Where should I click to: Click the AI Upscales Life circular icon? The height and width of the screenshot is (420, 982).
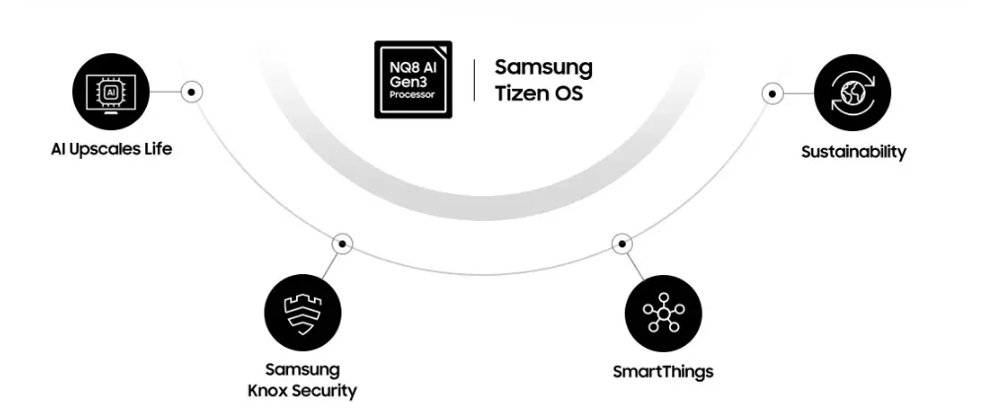112,92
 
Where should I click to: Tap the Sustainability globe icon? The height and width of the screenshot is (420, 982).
852,94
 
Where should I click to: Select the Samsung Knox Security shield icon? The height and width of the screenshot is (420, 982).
303,314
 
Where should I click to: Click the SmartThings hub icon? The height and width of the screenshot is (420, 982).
663,314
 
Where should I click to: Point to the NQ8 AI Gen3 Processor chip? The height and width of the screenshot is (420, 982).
414,80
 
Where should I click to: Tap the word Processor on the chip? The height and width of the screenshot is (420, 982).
413,96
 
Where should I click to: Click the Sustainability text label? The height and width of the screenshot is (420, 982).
853,152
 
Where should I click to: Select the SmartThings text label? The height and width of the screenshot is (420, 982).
662,372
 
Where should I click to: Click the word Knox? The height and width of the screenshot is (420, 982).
266,390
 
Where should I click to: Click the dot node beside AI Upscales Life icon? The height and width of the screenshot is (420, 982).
193,92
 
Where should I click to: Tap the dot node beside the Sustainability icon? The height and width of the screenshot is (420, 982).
773,94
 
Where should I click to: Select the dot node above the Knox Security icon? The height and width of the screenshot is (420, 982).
341,243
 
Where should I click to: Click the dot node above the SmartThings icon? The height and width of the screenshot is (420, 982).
621,243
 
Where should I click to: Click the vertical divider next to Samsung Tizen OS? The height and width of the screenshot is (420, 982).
474,80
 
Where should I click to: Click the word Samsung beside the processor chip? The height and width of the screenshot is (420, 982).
543,68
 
